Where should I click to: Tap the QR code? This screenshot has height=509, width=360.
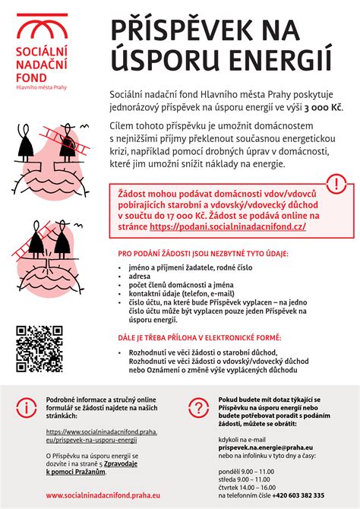coord(39,349)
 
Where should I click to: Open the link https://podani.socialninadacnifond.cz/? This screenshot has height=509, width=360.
coord(228,226)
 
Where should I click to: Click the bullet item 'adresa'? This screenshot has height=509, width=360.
coord(141,277)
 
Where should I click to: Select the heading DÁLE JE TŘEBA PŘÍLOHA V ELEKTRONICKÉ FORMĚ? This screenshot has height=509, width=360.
coord(200,337)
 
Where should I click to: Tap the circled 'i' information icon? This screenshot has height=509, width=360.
coord(26,407)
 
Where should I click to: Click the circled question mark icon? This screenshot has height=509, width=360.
coord(199,407)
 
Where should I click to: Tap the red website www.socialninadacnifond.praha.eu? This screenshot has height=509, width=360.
coord(103,495)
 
